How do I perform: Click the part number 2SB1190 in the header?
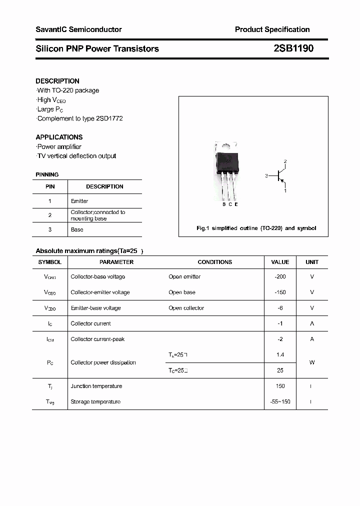click(x=293, y=48)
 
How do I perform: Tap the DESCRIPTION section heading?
click(x=57, y=81)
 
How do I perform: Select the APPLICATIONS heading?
click(x=59, y=137)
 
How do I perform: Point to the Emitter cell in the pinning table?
click(x=79, y=201)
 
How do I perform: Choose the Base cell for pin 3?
click(x=77, y=229)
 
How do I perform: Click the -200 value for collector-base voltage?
click(x=280, y=276)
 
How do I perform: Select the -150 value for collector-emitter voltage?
click(x=280, y=292)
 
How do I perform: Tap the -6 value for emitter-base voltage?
click(x=280, y=308)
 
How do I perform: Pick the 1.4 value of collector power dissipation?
click(x=280, y=354)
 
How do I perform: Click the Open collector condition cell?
click(x=186, y=308)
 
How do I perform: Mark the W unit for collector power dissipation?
click(x=312, y=362)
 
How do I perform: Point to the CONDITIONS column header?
click(x=215, y=262)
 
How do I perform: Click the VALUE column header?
click(x=280, y=262)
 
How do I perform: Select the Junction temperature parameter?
click(x=96, y=386)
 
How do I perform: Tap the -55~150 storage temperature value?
click(x=280, y=401)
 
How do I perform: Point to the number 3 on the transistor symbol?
click(x=267, y=175)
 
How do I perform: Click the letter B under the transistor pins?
click(x=223, y=204)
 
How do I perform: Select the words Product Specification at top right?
click(x=272, y=29)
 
